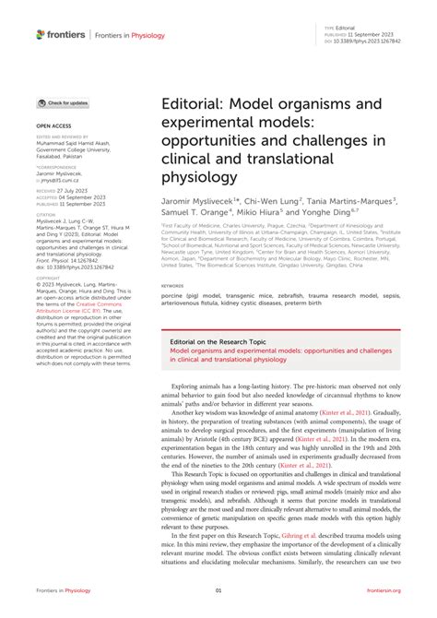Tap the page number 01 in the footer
(218, 590)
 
